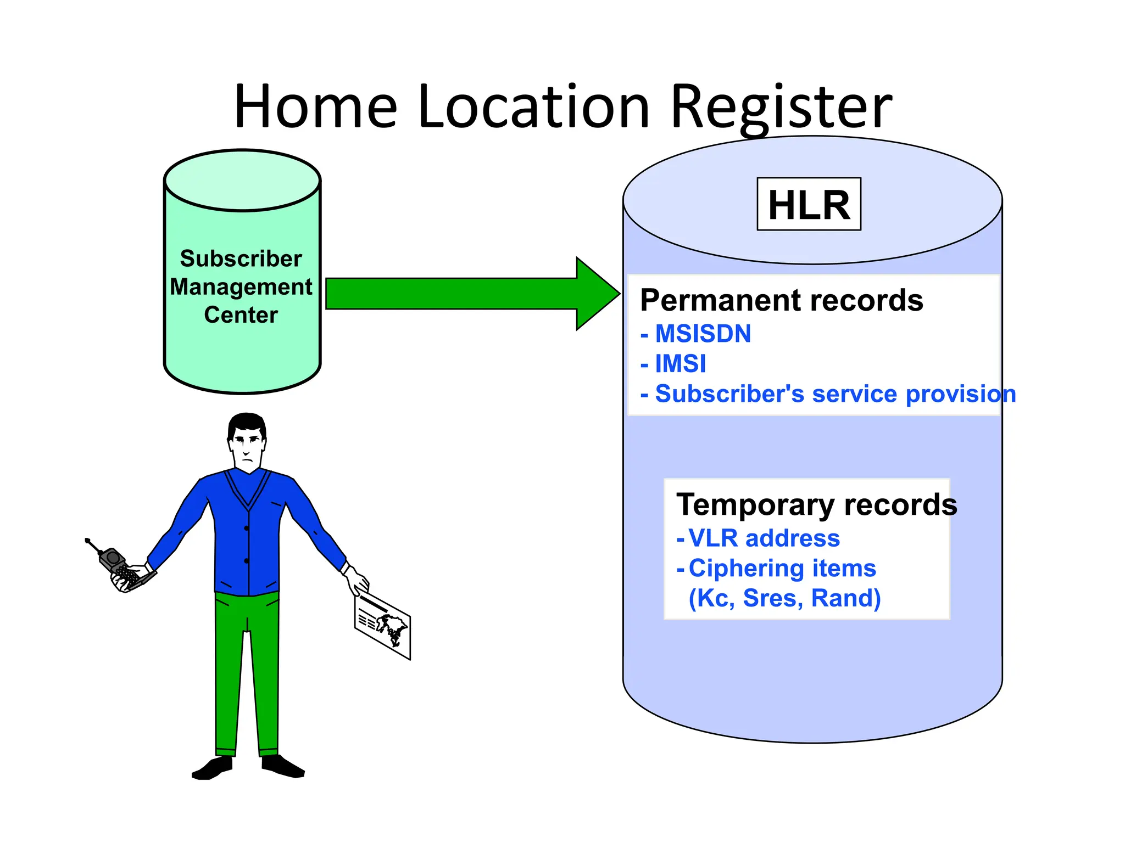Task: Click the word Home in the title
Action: point(315,107)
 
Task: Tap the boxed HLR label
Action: point(809,205)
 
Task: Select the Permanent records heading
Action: point(781,300)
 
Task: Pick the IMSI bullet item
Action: point(680,364)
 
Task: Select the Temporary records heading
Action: point(816,504)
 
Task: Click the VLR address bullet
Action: point(764,538)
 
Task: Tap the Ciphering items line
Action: point(782,568)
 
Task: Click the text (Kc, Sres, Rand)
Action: point(784,598)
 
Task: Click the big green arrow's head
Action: point(596,294)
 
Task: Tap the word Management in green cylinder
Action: point(241,287)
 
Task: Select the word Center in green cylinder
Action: point(241,315)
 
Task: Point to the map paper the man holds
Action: point(383,626)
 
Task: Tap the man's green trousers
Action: point(247,670)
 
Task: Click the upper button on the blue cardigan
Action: point(247,528)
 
